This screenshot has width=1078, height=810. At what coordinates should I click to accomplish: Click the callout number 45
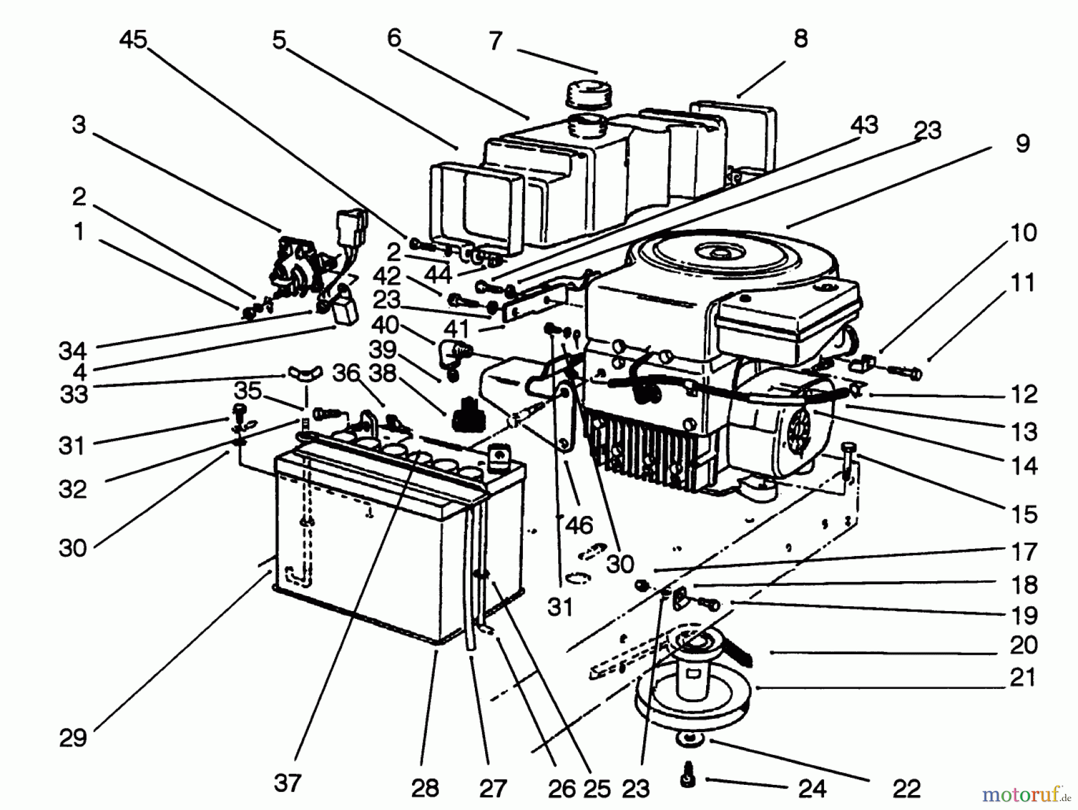coord(133,40)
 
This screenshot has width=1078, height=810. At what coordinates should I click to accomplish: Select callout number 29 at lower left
coord(73,738)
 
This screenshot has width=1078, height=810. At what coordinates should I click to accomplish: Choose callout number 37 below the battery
coord(287,782)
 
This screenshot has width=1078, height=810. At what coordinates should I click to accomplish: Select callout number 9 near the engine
coord(1022,144)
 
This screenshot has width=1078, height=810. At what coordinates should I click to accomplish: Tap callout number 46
coord(579,525)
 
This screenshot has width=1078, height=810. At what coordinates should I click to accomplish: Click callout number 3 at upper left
coord(78,125)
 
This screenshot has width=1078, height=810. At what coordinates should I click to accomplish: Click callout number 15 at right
coord(1023,514)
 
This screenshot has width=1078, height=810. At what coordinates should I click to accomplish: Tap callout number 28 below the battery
coord(425,788)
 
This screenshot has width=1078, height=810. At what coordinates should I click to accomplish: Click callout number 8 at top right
coord(800,39)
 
